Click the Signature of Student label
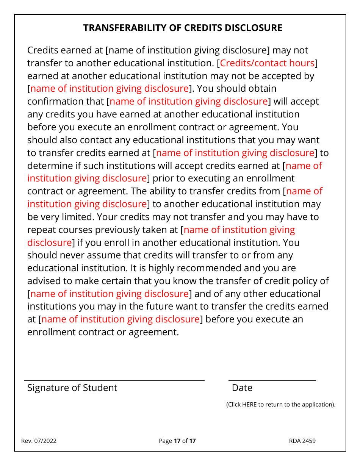pyautogui.click(x=72, y=388)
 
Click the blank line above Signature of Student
pyautogui.click(x=114, y=380)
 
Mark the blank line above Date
pyautogui.click(x=272, y=380)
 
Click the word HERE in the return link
pyautogui.click(x=249, y=405)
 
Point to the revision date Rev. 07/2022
pyautogui.click(x=39, y=441)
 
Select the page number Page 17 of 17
pyautogui.click(x=177, y=441)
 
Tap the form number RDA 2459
pyautogui.click(x=302, y=441)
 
